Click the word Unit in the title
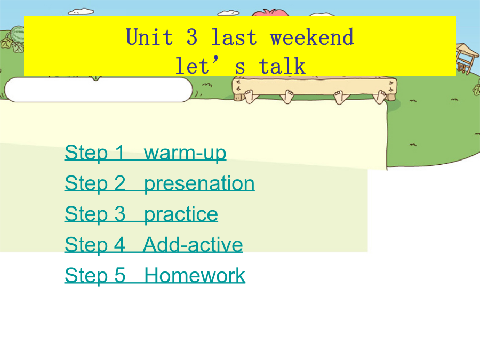click(x=149, y=37)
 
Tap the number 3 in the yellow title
click(x=192, y=37)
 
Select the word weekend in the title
click(x=311, y=37)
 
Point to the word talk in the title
click(x=282, y=66)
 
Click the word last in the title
click(x=234, y=37)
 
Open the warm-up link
click(x=185, y=153)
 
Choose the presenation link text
click(x=199, y=183)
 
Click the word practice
click(x=181, y=214)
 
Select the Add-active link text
click(x=193, y=245)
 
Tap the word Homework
click(x=194, y=275)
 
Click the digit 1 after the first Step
click(x=119, y=152)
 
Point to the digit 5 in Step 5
click(x=120, y=275)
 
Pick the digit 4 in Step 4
click(x=119, y=244)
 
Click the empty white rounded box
click(x=98, y=90)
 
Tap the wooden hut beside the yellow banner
click(x=467, y=58)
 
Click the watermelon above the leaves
click(x=18, y=34)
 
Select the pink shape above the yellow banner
click(x=270, y=13)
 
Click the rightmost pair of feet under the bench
click(x=380, y=97)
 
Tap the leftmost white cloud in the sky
click(x=81, y=12)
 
